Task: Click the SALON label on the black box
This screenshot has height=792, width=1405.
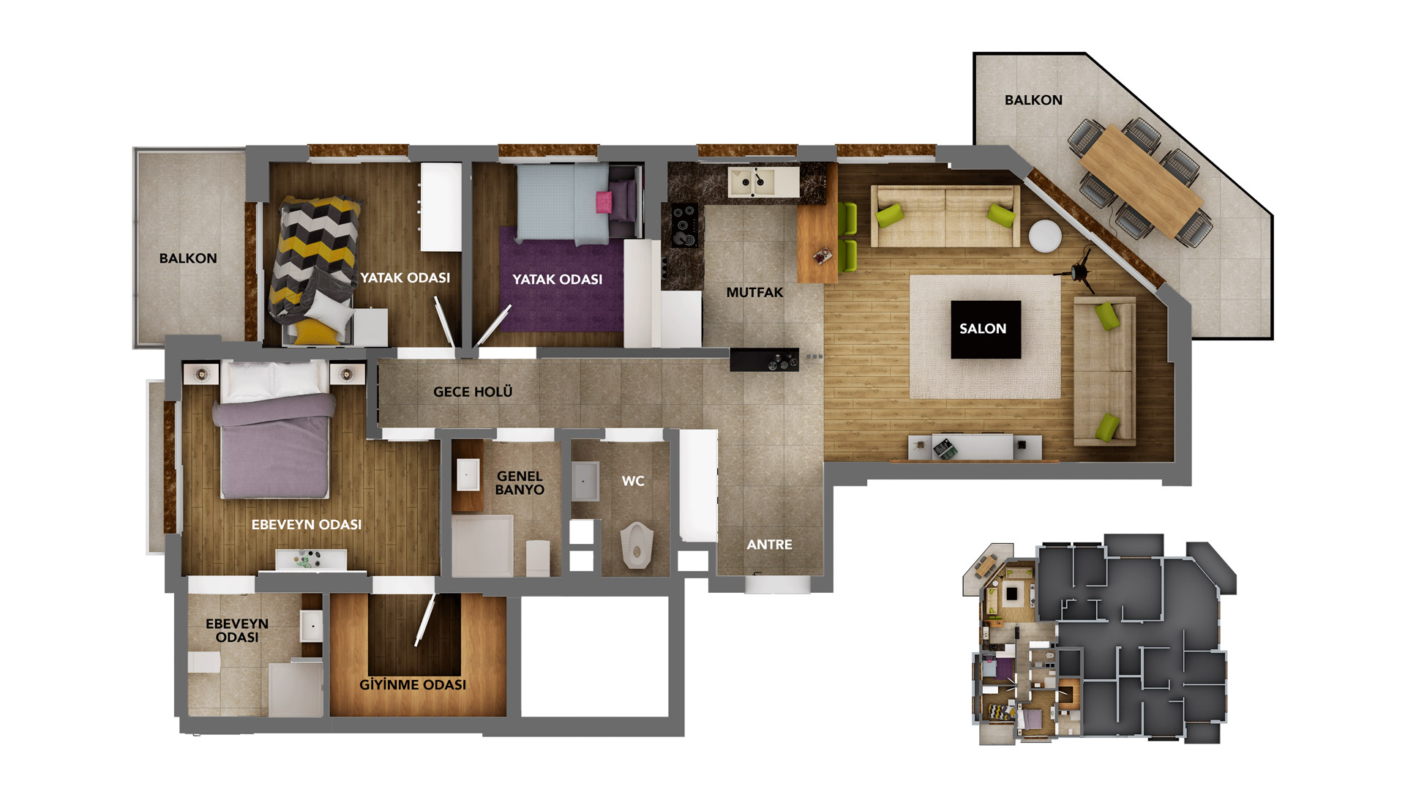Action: click(983, 329)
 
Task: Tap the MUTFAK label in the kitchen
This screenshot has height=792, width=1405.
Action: click(754, 292)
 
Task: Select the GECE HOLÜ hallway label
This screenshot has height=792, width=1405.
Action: click(473, 392)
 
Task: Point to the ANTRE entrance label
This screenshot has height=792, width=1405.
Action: click(769, 545)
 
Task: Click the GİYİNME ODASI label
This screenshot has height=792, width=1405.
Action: click(413, 684)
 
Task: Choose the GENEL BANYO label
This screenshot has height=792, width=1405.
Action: click(520, 483)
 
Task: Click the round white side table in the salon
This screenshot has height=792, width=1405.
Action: click(1045, 236)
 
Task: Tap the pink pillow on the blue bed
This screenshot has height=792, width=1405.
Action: click(604, 201)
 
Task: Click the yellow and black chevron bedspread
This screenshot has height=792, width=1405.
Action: click(313, 256)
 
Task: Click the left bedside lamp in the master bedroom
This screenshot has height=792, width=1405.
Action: click(201, 374)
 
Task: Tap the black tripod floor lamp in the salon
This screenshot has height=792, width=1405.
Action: click(1079, 269)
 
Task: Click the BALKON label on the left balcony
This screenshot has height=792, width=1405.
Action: click(188, 258)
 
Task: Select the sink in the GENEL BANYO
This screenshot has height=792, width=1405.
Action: click(468, 474)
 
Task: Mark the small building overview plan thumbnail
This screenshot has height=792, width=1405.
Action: click(1100, 638)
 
